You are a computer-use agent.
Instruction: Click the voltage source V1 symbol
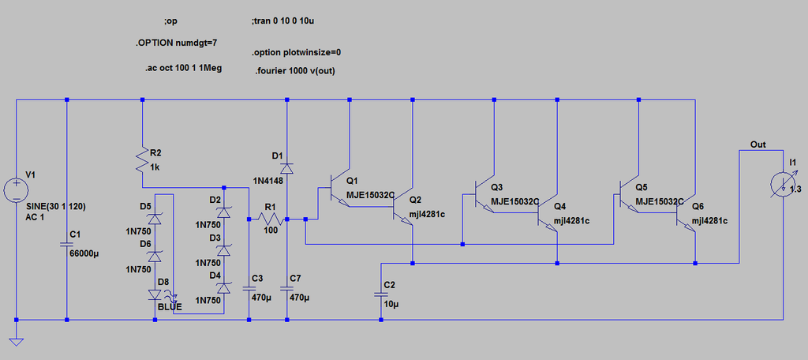(x=17, y=190)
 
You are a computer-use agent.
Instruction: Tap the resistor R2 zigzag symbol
(x=142, y=160)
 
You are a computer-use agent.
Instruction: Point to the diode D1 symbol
(x=287, y=167)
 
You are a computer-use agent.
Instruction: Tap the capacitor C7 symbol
(x=287, y=288)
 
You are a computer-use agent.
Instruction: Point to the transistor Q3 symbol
(x=485, y=196)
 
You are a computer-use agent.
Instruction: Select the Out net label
(x=758, y=145)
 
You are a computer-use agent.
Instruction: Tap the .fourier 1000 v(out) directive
(x=295, y=71)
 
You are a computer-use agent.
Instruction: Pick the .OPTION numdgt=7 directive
(x=176, y=43)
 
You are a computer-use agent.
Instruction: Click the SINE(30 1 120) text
(x=56, y=206)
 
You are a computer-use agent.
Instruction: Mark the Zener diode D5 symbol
(x=155, y=219)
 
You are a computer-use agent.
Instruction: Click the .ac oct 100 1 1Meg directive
(x=183, y=68)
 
